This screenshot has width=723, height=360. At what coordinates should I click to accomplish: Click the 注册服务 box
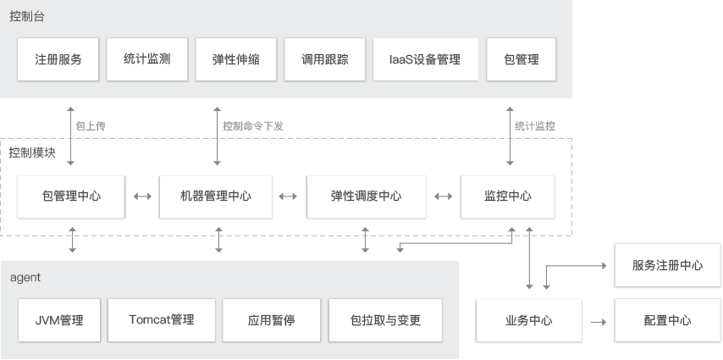tap(58, 59)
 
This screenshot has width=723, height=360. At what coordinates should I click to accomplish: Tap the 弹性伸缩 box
tap(236, 59)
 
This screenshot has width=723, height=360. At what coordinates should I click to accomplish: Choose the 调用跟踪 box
tap(325, 59)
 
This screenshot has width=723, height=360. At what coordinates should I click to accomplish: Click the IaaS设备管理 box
tap(424, 59)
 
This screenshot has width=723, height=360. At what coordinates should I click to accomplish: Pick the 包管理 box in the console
tap(522, 59)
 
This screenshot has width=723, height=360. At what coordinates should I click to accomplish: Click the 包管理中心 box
tap(72, 197)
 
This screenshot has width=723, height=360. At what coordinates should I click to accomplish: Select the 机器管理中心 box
tap(216, 197)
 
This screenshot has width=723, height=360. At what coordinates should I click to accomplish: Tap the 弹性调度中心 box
tap(366, 197)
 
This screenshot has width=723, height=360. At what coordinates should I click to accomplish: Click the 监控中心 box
tap(508, 197)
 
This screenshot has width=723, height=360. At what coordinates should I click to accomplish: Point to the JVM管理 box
tap(59, 320)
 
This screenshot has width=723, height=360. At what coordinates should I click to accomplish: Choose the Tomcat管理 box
tap(162, 320)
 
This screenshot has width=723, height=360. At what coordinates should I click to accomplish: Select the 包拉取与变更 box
tap(385, 320)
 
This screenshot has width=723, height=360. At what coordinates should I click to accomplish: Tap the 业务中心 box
tap(529, 321)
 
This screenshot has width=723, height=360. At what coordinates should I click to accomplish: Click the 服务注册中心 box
tap(667, 265)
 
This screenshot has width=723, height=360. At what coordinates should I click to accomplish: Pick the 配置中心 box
tap(667, 321)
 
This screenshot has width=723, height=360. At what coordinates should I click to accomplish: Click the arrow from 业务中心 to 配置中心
tap(598, 322)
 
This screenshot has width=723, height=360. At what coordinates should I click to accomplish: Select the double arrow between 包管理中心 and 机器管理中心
tap(142, 197)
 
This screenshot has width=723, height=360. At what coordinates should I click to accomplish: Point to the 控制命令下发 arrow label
tap(253, 125)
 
